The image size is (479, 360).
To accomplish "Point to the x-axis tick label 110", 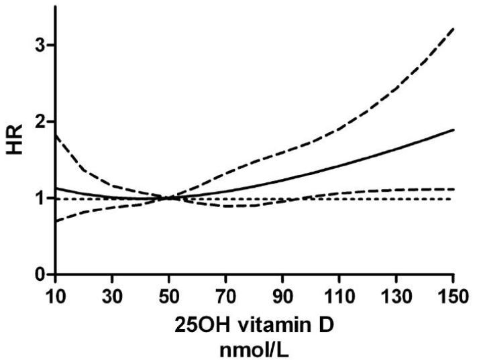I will [x=340, y=294].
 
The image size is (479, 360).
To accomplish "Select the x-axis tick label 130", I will [x=397, y=294].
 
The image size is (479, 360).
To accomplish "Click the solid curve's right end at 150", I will [x=454, y=130].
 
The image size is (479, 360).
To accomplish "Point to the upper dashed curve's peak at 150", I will [x=454, y=29].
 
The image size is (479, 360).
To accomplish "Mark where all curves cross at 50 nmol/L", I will [x=169, y=198].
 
